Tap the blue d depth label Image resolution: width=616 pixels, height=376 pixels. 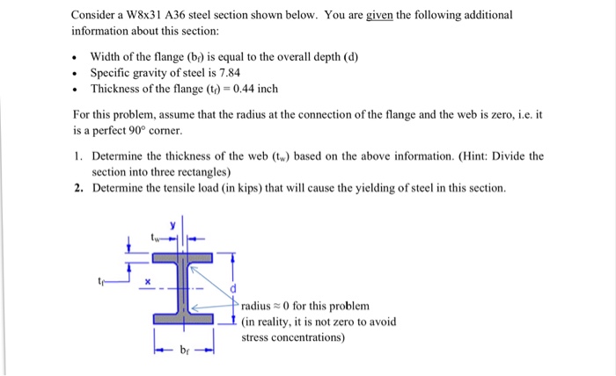[x=233, y=289]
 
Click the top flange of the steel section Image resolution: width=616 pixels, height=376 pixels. [x=183, y=258]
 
